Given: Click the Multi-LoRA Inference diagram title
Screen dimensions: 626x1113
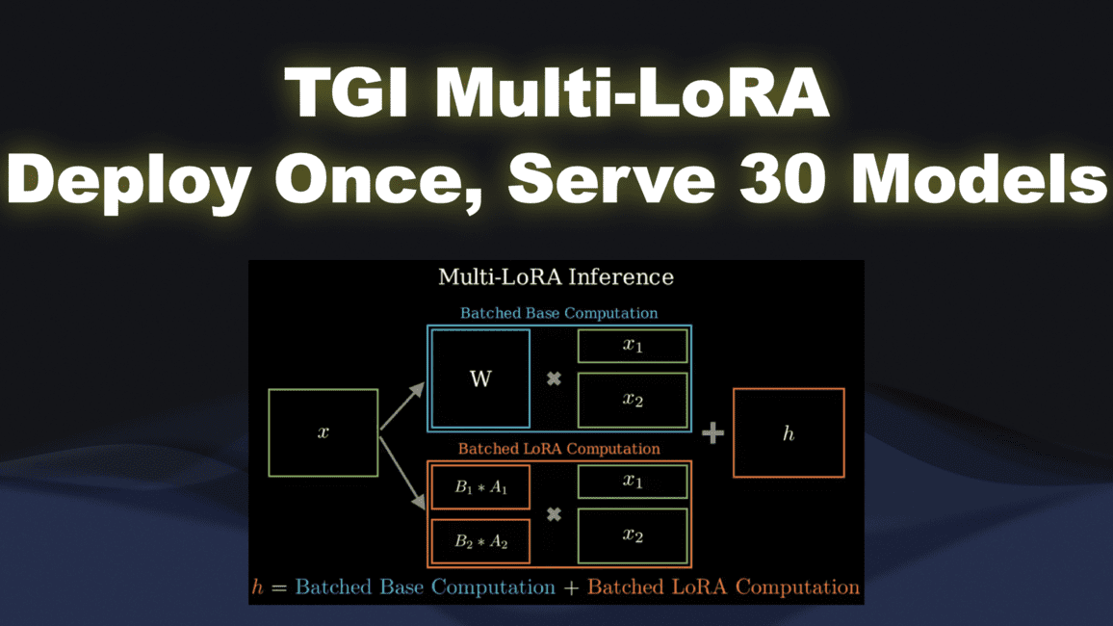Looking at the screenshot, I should click(556, 277).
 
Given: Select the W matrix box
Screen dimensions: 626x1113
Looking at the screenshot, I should click(480, 378).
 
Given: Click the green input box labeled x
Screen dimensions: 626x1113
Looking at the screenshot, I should click(323, 432).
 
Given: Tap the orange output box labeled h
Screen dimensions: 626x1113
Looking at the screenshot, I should click(789, 433).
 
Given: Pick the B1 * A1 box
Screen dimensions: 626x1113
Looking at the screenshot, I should click(480, 488).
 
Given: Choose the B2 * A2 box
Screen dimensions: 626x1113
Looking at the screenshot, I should click(480, 541).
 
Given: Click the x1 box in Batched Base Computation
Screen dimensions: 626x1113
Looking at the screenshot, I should click(633, 346).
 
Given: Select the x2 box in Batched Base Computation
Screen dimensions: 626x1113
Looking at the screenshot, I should click(633, 400).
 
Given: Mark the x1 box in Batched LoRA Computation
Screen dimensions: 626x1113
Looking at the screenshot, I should click(633, 482).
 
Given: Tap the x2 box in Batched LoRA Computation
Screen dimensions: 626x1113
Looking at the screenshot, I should click(633, 535).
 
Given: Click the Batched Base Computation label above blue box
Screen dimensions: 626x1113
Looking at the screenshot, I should click(558, 313).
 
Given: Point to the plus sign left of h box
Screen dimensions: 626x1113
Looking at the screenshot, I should click(712, 433).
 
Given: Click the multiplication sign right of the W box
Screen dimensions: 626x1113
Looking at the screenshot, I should click(554, 379).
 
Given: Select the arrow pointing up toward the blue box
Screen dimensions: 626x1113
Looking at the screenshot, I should click(402, 404).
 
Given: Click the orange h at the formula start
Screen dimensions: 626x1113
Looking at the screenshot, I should click(257, 587).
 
